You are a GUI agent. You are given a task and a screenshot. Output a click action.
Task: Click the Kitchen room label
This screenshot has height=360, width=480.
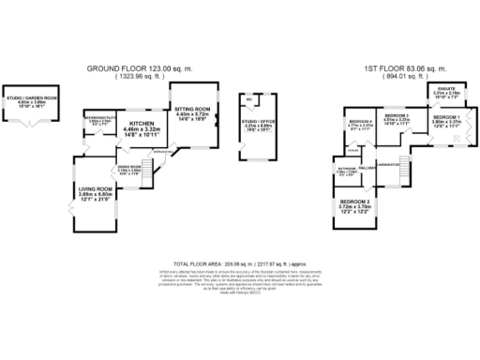tap(142, 123)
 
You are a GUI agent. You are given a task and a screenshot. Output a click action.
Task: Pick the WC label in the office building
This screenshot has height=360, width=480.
tap(249, 97)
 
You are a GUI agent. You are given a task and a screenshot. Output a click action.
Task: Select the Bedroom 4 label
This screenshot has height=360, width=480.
tap(361, 123)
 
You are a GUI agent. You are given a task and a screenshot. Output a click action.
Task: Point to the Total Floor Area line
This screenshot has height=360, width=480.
tap(240, 265)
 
